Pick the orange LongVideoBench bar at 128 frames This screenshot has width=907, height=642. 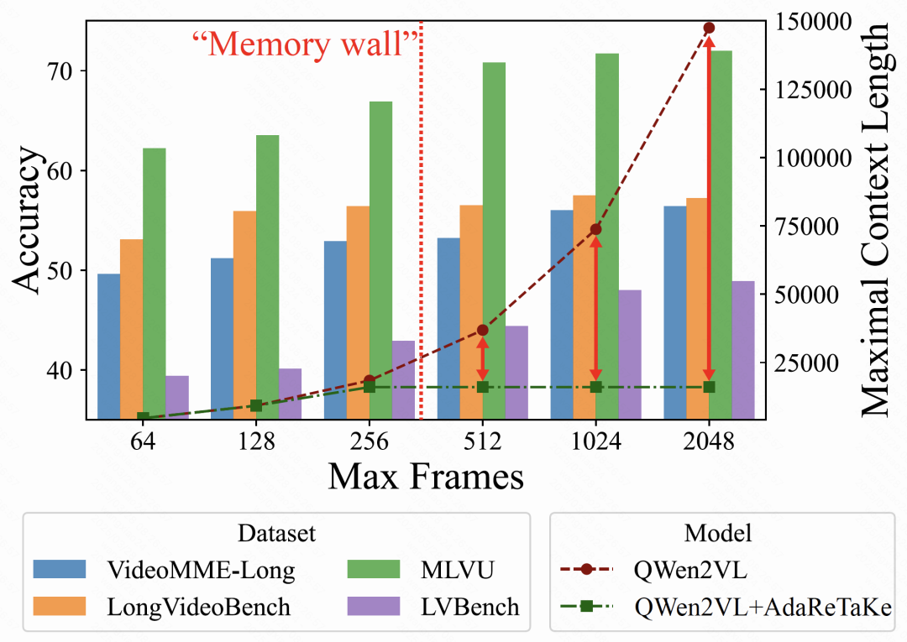[245, 315]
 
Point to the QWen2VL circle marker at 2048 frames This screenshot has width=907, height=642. [709, 28]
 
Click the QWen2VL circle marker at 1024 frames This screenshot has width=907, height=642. [596, 229]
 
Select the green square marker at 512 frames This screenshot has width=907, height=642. [483, 387]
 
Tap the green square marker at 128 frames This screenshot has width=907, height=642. [256, 405]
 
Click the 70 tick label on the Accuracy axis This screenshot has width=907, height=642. [58, 70]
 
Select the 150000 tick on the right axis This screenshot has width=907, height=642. [813, 21]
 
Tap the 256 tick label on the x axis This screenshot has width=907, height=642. [370, 441]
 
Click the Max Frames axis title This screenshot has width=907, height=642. [426, 477]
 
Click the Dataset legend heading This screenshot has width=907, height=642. [277, 533]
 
